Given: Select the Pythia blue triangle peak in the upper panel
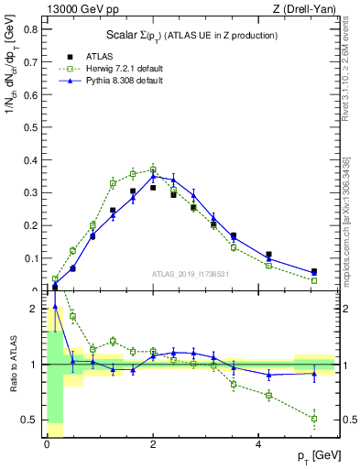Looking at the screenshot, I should [x=153, y=176].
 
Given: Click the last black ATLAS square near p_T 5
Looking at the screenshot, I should [x=314, y=272].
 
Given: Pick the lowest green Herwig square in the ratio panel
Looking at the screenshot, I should [x=314, y=419].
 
